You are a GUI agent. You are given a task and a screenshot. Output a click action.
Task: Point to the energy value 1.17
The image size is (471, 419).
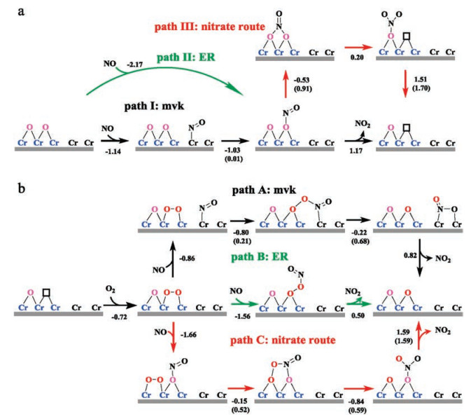pos(351,141)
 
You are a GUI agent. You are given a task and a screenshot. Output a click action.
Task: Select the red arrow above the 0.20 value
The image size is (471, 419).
pos(351,48)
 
